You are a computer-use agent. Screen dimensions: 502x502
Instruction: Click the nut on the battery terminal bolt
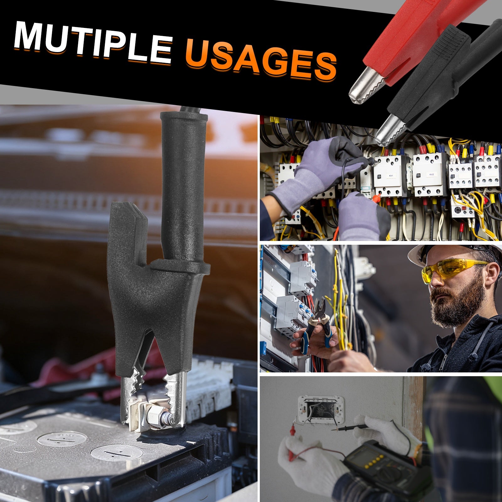156,417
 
